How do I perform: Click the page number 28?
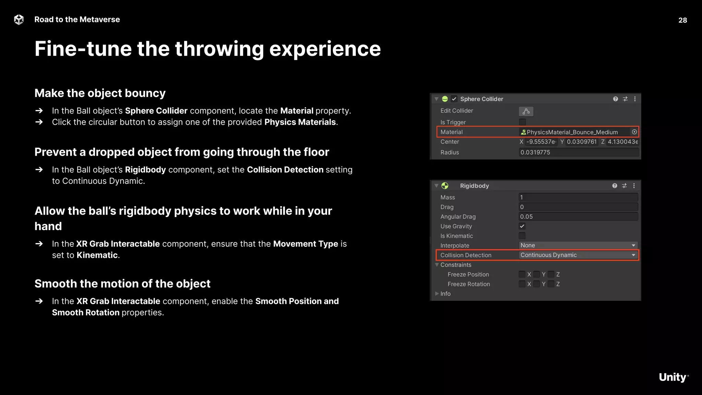[682, 20]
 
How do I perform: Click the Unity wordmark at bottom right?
[673, 377]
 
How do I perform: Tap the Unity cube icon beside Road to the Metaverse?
[19, 20]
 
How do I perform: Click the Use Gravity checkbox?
[522, 226]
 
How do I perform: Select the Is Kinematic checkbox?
[522, 236]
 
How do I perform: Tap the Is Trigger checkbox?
[522, 122]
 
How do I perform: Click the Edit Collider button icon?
[526, 111]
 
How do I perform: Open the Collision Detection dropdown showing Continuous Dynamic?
[578, 255]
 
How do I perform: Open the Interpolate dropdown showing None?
[578, 246]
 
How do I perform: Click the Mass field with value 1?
[578, 197]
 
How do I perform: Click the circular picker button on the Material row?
[634, 132]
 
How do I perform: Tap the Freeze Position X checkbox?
[522, 274]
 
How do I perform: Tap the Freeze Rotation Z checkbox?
[551, 284]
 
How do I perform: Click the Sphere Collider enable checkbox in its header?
[454, 99]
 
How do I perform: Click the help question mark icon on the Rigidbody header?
[615, 186]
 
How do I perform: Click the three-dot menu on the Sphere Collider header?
[635, 99]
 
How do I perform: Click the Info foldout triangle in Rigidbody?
[437, 294]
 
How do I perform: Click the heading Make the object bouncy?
[100, 93]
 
